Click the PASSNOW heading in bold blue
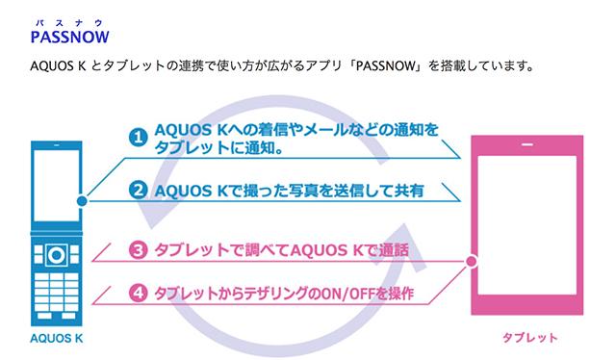68,37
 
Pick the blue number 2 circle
139,190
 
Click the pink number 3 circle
139,252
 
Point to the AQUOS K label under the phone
58,340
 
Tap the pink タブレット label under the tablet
530,340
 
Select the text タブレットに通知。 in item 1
216,150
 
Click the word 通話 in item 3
390,252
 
